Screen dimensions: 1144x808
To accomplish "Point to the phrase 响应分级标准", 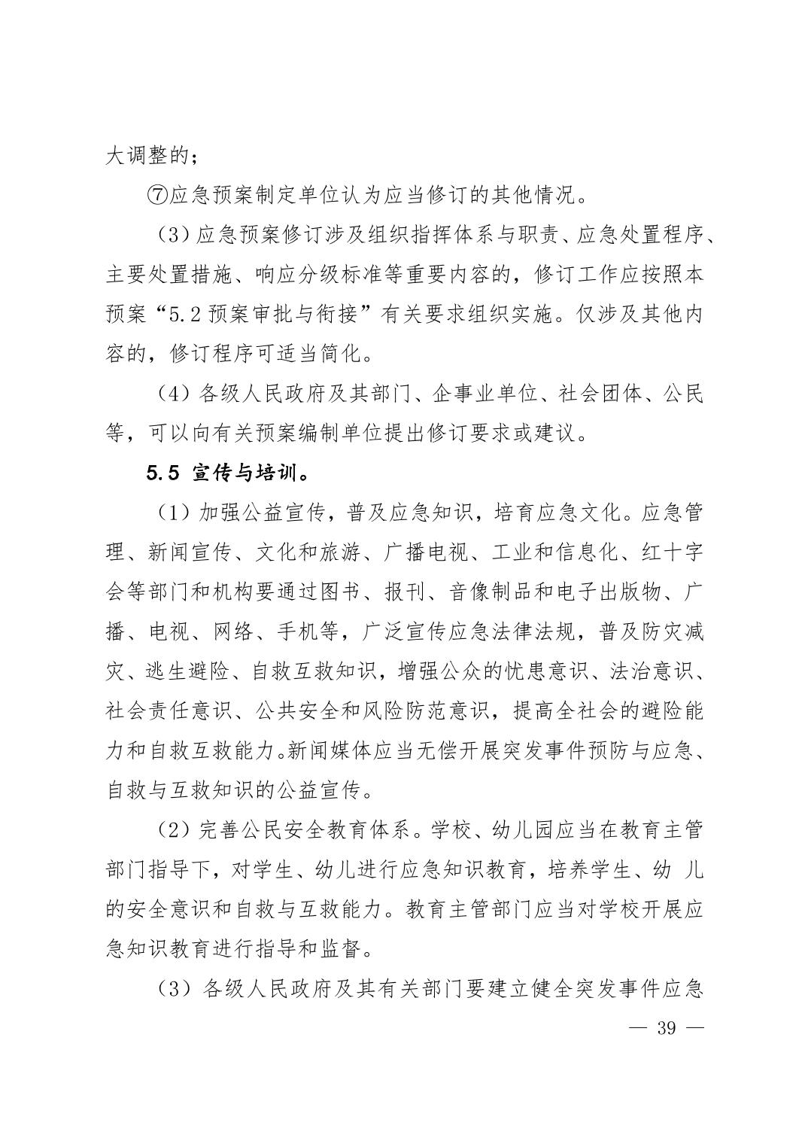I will pos(317,275).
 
